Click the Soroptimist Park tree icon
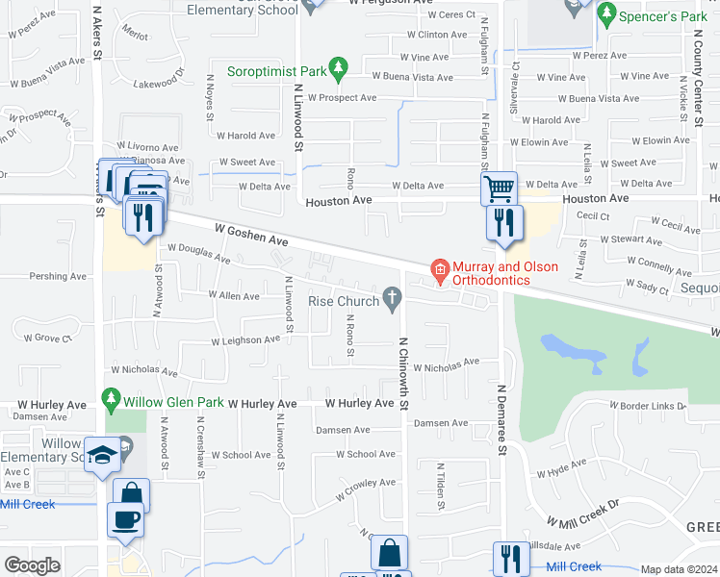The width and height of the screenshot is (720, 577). pyautogui.click(x=337, y=68)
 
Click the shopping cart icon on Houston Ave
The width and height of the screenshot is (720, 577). pyautogui.click(x=500, y=188)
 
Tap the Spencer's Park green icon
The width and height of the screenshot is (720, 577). pyautogui.click(x=606, y=14)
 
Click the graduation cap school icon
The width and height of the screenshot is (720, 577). pyautogui.click(x=102, y=456)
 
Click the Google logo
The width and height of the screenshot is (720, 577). pyautogui.click(x=32, y=565)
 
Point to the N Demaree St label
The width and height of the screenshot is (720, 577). pyautogui.click(x=501, y=420)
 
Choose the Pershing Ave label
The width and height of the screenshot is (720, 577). pyautogui.click(x=58, y=276)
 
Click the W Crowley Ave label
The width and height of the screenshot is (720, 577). pyautogui.click(x=366, y=489)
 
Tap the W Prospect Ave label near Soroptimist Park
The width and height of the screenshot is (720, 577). pyautogui.click(x=335, y=98)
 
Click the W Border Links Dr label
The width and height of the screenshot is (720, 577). pyautogui.click(x=647, y=406)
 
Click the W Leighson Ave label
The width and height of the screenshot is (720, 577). pyautogui.click(x=245, y=340)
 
